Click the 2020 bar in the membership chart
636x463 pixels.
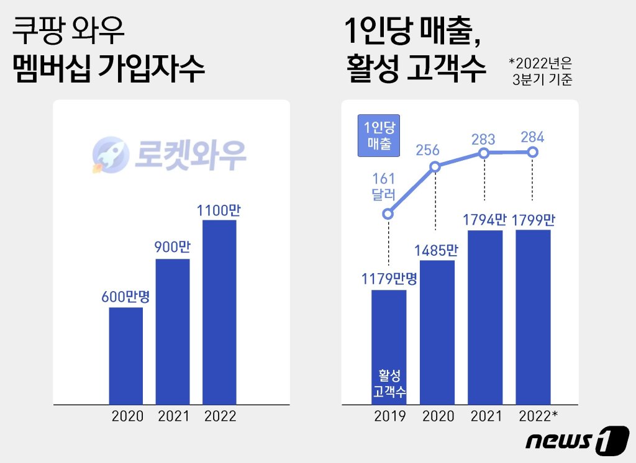(x=125, y=356)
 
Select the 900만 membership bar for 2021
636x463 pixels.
(x=173, y=331)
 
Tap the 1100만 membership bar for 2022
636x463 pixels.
(x=219, y=312)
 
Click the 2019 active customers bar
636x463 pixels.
(x=389, y=347)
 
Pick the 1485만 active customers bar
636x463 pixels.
(x=437, y=333)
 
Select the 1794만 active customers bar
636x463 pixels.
(x=485, y=317)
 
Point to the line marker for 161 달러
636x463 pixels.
(x=388, y=214)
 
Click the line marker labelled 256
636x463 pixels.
(x=435, y=166)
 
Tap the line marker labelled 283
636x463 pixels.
(x=483, y=153)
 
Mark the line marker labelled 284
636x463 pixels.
(x=533, y=153)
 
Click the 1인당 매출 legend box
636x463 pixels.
(x=379, y=135)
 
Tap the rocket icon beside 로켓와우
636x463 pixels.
(x=111, y=155)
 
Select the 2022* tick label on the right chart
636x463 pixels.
(x=538, y=416)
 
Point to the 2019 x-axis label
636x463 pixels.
(x=390, y=416)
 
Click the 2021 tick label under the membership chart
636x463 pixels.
(x=174, y=416)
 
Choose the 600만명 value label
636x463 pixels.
(x=125, y=297)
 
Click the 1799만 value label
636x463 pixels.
(x=533, y=220)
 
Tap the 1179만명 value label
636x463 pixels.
(x=389, y=279)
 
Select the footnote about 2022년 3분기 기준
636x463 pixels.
(x=541, y=71)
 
